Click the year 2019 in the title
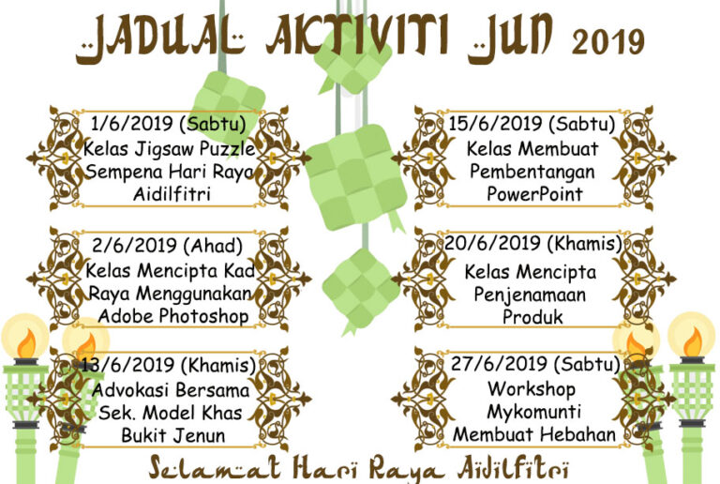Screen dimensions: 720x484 point(607,42)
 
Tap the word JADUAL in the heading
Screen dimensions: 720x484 point(160,39)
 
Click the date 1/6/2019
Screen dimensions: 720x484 point(132,124)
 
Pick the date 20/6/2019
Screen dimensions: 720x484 point(494,243)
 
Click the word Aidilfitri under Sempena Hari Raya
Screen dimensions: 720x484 point(172,194)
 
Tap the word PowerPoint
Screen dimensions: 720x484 point(535,194)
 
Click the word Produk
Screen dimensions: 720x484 point(532,317)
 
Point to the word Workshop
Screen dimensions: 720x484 point(532,389)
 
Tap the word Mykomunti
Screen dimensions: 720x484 point(534,412)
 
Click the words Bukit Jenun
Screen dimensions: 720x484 point(173,435)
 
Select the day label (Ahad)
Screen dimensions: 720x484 point(213,246)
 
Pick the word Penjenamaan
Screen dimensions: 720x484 point(530,295)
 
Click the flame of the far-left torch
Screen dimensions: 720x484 point(26,343)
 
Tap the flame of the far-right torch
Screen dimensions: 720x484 point(693,343)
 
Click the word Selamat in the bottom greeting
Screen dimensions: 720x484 point(215,468)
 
